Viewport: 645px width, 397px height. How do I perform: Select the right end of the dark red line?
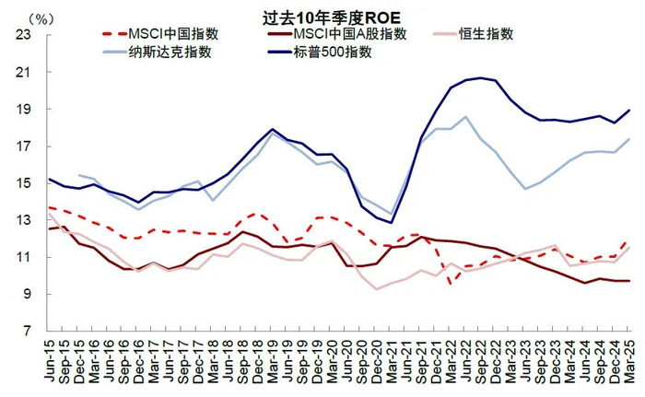pyautogui.click(x=629, y=281)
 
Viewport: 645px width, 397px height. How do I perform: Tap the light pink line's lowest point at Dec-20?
pyautogui.click(x=377, y=289)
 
